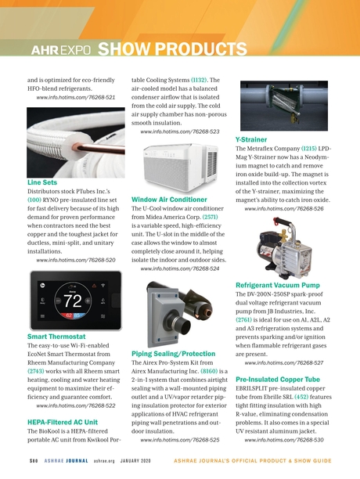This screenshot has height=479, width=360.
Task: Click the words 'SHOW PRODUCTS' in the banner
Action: coord(157,49)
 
